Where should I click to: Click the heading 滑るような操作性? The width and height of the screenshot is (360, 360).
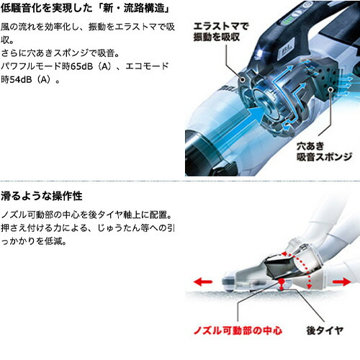click(41, 195)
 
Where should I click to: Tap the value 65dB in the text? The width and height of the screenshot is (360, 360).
click(92, 66)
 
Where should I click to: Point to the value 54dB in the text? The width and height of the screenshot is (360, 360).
click(25, 80)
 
